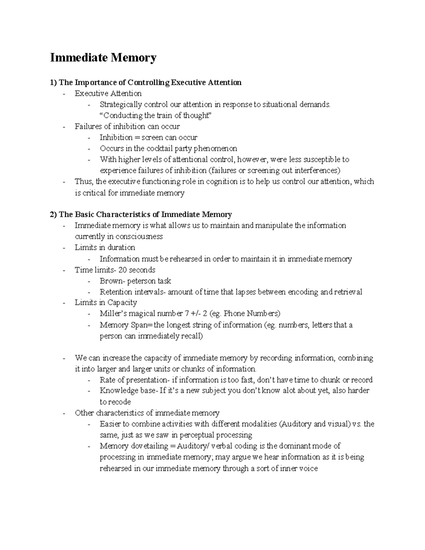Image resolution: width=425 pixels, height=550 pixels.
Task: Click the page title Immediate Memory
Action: tap(103, 57)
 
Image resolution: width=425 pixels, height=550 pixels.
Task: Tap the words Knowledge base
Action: tap(128, 391)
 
